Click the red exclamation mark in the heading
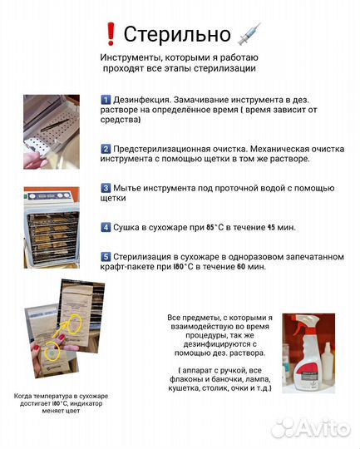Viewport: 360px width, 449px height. pyautogui.click(x=111, y=34)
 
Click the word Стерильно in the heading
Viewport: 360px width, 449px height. pyautogui.click(x=176, y=34)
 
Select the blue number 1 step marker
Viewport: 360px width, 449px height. pyautogui.click(x=106, y=100)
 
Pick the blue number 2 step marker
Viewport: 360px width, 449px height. pyautogui.click(x=106, y=147)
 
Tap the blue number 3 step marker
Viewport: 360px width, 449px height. pyautogui.click(x=106, y=188)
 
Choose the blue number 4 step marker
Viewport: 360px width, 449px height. pyautogui.click(x=106, y=227)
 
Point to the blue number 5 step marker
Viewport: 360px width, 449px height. pyautogui.click(x=106, y=257)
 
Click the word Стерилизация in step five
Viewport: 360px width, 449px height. pyautogui.click(x=149, y=257)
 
